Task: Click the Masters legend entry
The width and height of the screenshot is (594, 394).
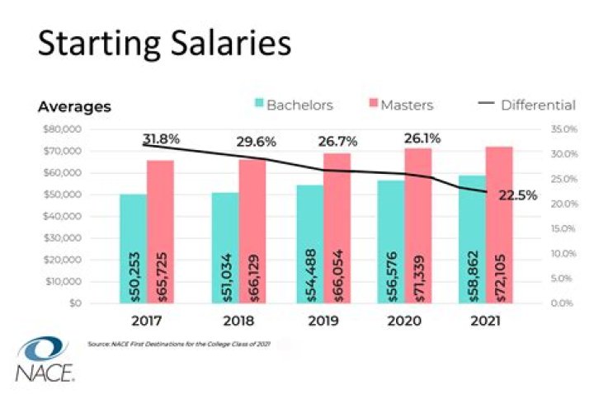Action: tap(398, 106)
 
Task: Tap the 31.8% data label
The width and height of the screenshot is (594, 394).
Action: tap(161, 138)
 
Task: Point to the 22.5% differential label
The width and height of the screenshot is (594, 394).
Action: tap(518, 195)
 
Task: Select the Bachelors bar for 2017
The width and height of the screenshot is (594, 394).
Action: tap(133, 248)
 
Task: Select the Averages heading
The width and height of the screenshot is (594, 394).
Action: tap(74, 107)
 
